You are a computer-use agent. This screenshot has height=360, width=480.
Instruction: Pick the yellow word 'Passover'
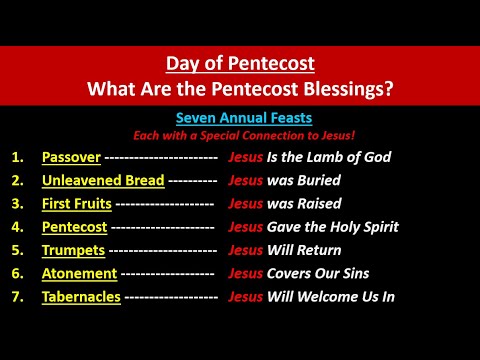point(71,158)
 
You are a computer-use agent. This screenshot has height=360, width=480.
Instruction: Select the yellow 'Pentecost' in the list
point(75,227)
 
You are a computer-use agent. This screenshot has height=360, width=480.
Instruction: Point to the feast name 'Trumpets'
point(72,250)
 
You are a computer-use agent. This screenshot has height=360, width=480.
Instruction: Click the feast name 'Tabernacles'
point(82,296)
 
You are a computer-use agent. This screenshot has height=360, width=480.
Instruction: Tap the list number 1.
point(19,158)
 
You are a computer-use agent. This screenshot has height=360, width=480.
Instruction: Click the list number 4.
point(19,227)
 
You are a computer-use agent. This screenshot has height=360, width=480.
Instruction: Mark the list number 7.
point(19,296)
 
